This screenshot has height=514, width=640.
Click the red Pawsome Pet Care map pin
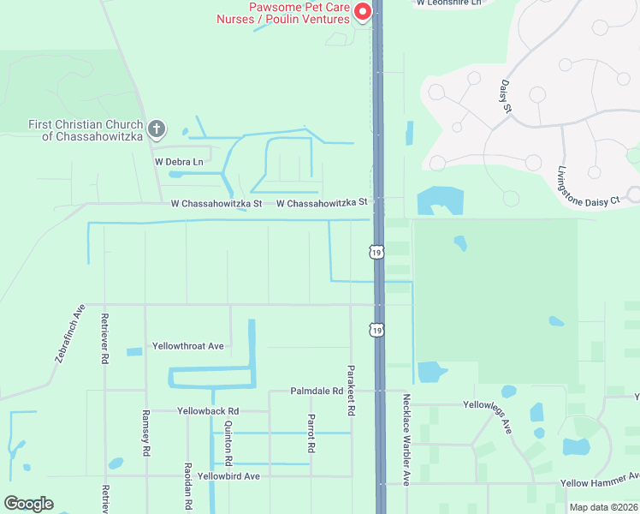tap(362, 11)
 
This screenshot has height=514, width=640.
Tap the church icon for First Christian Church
tap(156, 129)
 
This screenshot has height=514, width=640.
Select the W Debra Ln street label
tap(179, 161)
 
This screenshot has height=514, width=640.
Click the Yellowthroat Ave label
tap(187, 346)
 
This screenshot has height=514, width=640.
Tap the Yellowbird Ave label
tap(228, 476)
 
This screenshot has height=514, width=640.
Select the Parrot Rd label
tap(311, 434)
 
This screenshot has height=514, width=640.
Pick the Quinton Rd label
tap(228, 437)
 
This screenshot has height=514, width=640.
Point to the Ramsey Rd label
tap(146, 438)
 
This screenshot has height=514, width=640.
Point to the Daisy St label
tap(505, 97)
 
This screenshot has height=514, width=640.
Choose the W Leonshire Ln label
tap(450, 3)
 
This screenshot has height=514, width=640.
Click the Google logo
tap(28, 504)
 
